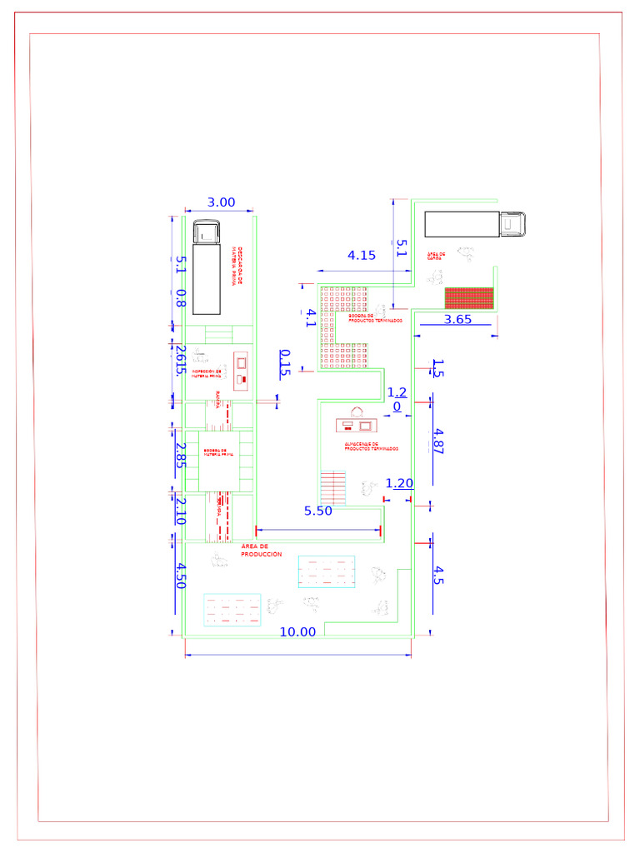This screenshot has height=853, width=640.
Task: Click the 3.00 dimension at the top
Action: coord(222,202)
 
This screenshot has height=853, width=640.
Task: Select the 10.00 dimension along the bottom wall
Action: coord(297,631)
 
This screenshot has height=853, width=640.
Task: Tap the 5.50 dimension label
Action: coord(318,511)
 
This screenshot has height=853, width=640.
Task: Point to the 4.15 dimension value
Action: coord(362,256)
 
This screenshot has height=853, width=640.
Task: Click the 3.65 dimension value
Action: coord(458,319)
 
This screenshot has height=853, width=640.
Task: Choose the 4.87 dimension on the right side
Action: coord(438,440)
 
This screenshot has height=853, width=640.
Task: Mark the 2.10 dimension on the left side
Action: coord(179,511)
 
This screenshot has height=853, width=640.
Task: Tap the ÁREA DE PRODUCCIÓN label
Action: coord(261,550)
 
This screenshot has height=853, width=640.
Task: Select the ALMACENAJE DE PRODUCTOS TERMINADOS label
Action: coord(371,446)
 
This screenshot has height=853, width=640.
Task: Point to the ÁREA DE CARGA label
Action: coord(436,256)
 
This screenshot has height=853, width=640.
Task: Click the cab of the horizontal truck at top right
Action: coord(513,224)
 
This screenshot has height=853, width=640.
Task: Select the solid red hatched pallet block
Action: coord(469,297)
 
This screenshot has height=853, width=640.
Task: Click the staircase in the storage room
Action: coord(332,487)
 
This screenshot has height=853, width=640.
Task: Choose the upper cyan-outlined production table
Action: coord(327,571)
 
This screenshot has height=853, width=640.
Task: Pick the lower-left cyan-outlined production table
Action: coord(232,610)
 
